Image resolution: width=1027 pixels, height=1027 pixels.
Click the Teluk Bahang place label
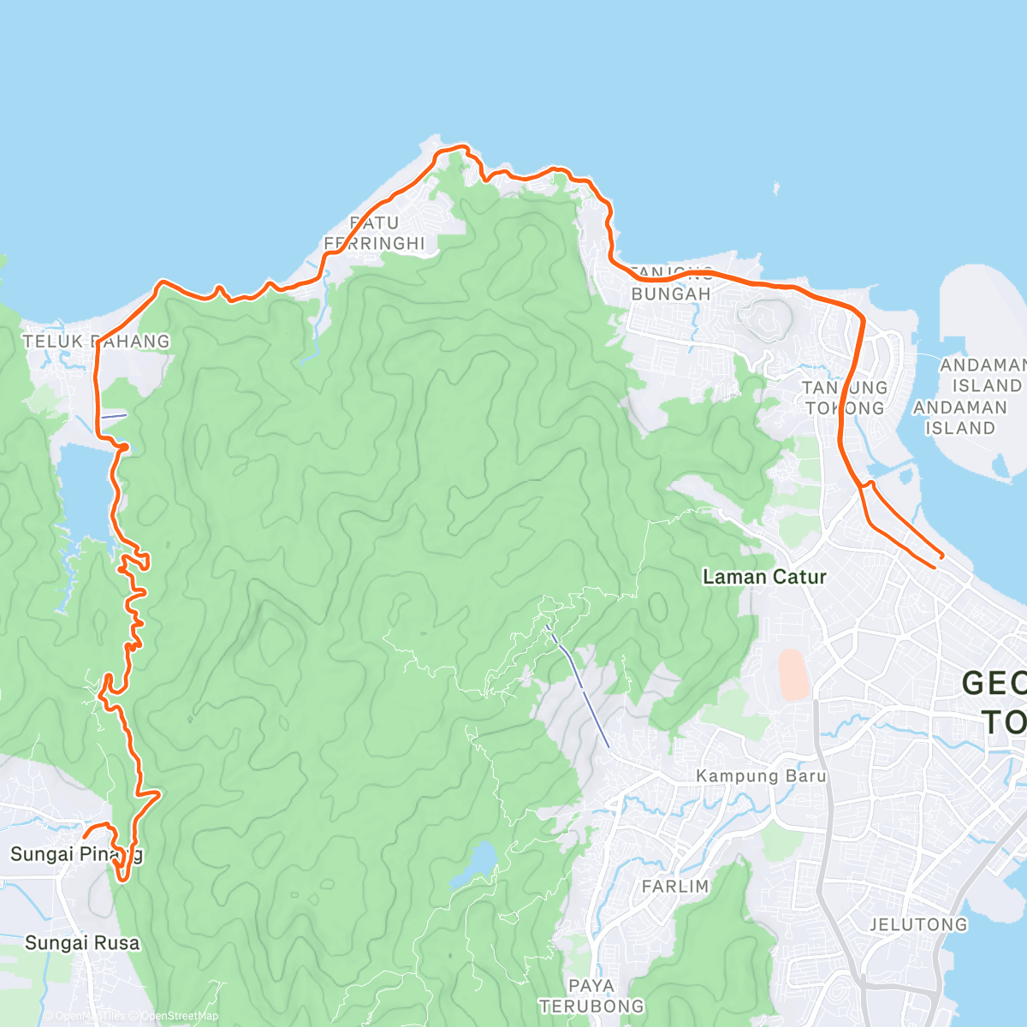tap(96, 341)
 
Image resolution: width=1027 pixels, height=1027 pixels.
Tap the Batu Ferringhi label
tap(374, 233)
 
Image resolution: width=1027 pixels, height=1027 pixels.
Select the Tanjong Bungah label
tap(671, 284)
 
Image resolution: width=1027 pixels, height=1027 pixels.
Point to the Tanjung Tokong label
tap(845, 398)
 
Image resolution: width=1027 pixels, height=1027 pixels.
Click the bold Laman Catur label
tap(764, 577)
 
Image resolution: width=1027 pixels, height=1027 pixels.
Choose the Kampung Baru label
tap(761, 776)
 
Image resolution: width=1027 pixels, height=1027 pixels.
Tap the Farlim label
tap(675, 887)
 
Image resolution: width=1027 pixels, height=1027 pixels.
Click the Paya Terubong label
tap(591, 996)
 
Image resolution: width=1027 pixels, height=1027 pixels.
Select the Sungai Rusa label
tap(81, 943)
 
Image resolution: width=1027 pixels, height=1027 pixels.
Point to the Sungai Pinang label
tap(76, 854)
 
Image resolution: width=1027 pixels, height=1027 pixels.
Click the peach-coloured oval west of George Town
tap(793, 674)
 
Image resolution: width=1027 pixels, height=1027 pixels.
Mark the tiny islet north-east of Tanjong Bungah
tap(776, 187)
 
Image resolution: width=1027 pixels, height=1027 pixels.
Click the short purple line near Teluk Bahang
tap(114, 416)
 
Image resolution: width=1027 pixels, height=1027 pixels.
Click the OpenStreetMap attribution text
tap(179, 1016)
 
